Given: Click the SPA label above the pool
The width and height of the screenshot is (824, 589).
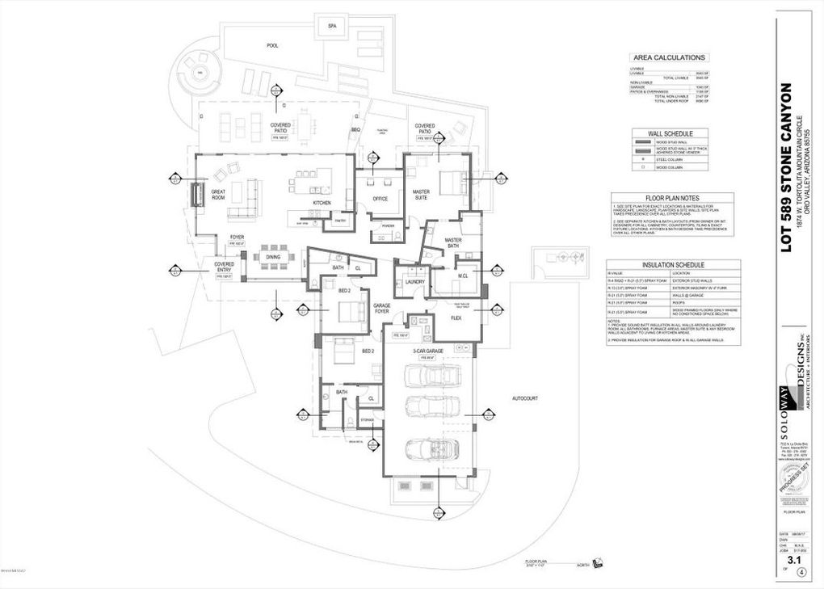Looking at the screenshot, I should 331,27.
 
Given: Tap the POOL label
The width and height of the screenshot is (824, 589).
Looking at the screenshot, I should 273,46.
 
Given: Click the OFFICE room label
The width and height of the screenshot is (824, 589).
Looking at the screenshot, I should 380,199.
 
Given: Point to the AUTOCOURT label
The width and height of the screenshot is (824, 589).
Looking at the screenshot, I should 524,398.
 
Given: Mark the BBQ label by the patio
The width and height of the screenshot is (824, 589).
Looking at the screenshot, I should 355,129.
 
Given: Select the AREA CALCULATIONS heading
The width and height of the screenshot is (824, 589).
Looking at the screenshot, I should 670,57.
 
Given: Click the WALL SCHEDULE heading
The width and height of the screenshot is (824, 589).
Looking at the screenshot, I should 670,133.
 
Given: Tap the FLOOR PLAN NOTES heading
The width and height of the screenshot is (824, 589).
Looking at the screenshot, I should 671,198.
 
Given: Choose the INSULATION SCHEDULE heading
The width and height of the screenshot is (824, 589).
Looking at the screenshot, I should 673,264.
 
